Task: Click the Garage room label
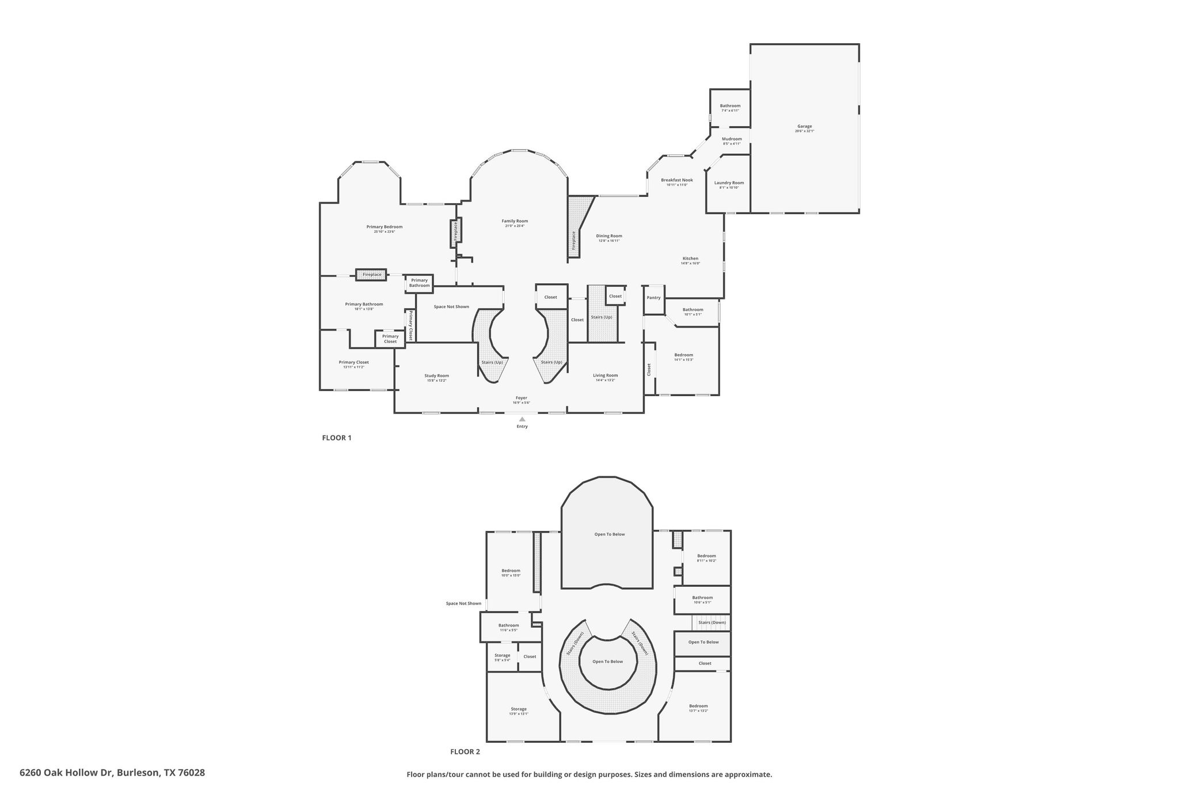[x=804, y=127]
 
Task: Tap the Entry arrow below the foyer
[x=522, y=419]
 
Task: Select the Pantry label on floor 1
[x=653, y=298]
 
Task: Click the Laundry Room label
[x=729, y=183]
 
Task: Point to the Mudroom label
[x=732, y=139]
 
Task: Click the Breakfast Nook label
[x=676, y=180]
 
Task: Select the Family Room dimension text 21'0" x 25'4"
[x=514, y=226]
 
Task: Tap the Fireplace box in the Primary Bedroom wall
[x=371, y=275]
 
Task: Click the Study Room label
[x=436, y=376]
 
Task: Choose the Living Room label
[x=605, y=375]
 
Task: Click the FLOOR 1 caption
[x=336, y=438]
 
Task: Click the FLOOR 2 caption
[x=465, y=751]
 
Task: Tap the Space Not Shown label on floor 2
[x=463, y=603]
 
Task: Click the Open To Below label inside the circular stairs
[x=607, y=662]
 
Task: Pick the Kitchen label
[x=690, y=259]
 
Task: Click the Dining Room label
[x=608, y=236]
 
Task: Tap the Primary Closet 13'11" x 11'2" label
[x=353, y=363]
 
